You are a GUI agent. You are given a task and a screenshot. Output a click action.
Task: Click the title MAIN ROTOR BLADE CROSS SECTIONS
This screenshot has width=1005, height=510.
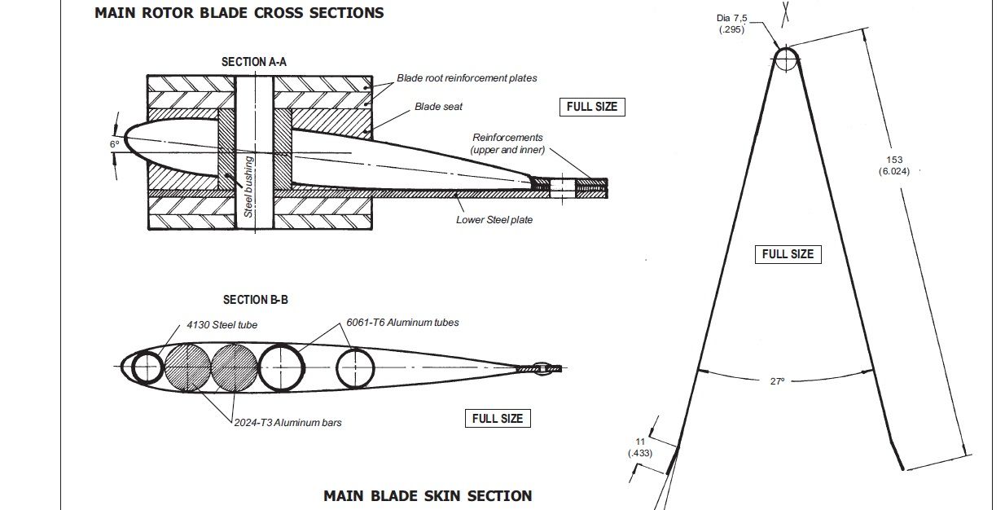(239, 13)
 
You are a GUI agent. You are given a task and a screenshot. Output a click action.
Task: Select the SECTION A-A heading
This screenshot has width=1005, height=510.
(254, 62)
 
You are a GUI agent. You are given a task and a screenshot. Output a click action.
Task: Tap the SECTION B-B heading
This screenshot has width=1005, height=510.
(256, 300)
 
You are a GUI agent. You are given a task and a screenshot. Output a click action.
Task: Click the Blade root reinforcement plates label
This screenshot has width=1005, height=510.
(467, 78)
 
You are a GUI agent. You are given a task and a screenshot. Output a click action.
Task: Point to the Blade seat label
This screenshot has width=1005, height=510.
(438, 107)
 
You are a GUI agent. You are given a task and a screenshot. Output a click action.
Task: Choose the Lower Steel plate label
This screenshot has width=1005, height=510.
(494, 220)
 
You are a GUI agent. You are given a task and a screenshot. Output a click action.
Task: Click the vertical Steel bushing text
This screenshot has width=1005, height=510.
(249, 187)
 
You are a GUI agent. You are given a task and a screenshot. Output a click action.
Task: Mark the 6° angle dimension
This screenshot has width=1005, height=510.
(115, 144)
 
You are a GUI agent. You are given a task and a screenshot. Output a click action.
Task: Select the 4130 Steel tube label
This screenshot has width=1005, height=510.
(222, 325)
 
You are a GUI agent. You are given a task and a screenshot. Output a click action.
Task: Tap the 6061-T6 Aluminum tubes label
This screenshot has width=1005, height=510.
(402, 323)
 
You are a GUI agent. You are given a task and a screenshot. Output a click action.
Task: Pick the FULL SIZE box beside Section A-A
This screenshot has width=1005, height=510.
(592, 107)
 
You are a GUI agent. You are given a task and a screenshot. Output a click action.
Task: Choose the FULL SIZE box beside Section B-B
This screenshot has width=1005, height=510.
(498, 419)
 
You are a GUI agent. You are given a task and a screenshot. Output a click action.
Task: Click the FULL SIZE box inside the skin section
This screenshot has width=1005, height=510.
(788, 254)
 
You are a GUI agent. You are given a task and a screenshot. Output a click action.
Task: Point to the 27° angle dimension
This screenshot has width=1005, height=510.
(777, 380)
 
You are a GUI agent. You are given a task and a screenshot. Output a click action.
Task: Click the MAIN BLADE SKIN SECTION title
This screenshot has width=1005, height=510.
(428, 495)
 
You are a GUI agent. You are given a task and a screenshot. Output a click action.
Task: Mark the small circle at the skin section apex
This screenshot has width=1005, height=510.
(785, 59)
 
